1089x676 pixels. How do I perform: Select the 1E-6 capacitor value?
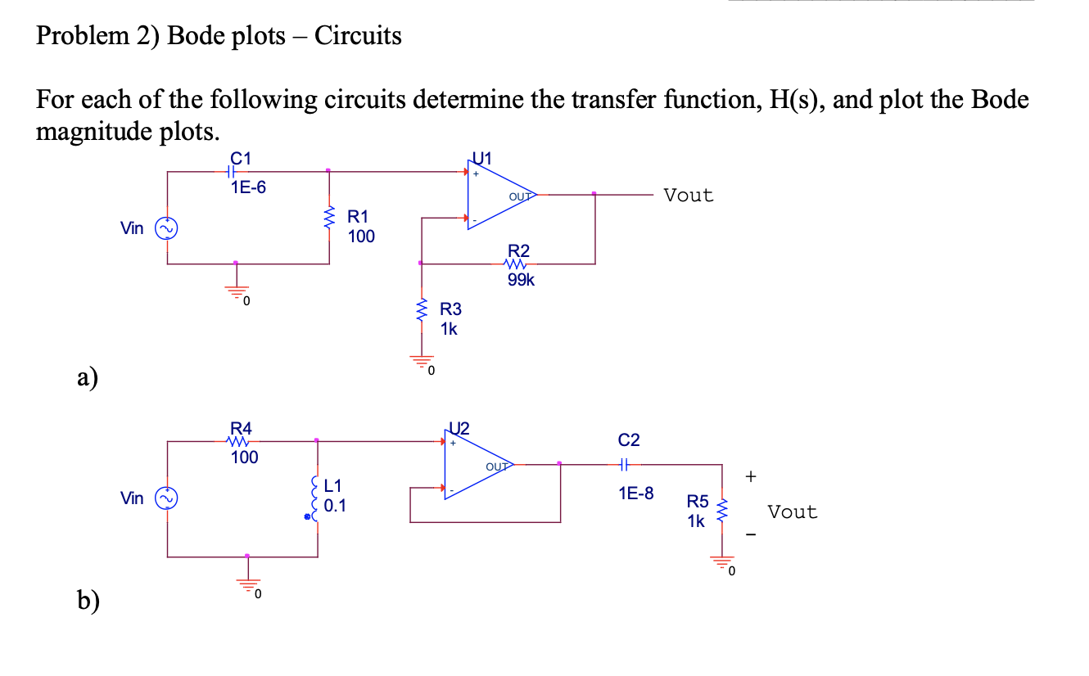pyautogui.click(x=248, y=187)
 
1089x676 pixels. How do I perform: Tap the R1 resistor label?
pyautogui.click(x=359, y=217)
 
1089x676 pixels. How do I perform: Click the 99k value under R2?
pyautogui.click(x=521, y=280)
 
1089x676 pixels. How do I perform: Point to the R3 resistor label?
pyautogui.click(x=450, y=309)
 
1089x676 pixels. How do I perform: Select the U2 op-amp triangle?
pyautogui.click(x=475, y=466)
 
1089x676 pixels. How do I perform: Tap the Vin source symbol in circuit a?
pyautogui.click(x=168, y=228)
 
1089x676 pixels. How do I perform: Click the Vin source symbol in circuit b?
pyautogui.click(x=168, y=498)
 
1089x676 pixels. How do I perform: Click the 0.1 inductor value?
pyautogui.click(x=335, y=506)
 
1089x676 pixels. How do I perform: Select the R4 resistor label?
pyautogui.click(x=242, y=427)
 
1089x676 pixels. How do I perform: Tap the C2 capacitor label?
pyautogui.click(x=629, y=440)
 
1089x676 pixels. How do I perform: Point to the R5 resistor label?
pyautogui.click(x=697, y=501)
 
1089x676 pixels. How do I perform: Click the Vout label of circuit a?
pyautogui.click(x=689, y=196)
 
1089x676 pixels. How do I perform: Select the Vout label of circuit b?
pyautogui.click(x=792, y=512)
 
